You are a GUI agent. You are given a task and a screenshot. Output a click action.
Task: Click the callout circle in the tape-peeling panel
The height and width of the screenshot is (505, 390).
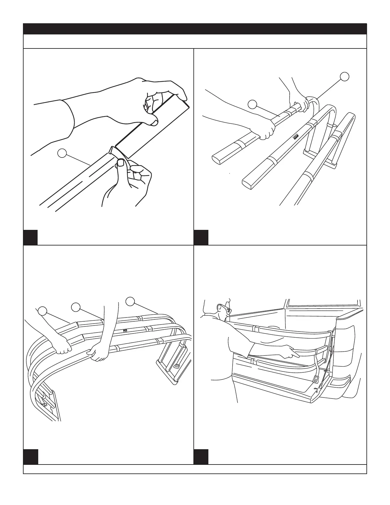62,153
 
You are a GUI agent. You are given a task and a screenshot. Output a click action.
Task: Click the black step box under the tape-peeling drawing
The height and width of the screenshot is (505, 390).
30,237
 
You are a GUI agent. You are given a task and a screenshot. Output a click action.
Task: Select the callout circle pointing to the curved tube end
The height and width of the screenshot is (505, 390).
344,77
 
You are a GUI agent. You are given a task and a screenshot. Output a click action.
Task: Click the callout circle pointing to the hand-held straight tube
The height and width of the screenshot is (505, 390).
252,104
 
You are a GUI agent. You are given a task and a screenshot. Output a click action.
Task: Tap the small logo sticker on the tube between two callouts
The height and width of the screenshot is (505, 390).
296,136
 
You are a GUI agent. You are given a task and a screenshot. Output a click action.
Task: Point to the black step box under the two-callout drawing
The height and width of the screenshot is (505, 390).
201,237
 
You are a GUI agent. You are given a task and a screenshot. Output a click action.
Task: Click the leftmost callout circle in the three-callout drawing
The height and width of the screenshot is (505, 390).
43,310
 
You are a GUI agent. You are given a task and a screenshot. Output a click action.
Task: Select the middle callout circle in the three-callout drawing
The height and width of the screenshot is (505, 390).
76,307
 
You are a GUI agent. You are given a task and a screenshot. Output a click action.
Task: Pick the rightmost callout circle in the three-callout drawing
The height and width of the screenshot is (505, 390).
130,301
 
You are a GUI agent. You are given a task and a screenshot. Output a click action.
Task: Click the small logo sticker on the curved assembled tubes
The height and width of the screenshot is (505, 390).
125,331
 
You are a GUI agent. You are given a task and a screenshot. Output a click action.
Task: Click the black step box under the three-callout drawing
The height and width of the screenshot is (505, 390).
30,457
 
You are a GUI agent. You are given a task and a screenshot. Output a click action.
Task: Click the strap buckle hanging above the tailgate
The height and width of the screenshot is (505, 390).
316,379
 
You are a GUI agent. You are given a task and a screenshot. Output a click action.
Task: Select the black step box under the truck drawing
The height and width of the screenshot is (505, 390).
201,457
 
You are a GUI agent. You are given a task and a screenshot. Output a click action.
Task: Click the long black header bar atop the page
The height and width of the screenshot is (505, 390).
195,29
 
